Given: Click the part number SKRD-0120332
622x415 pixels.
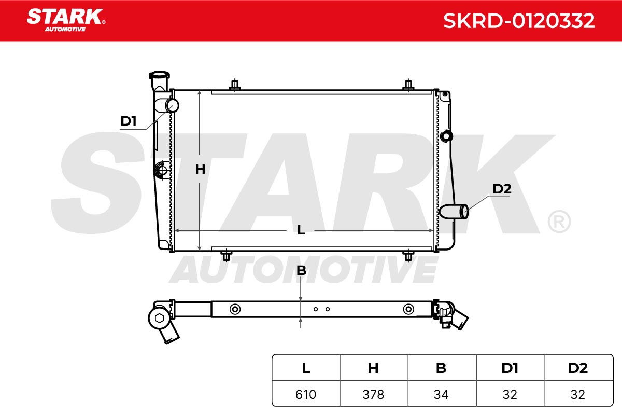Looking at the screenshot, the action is tap(519, 21).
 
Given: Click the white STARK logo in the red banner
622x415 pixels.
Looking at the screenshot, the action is tap(66, 20).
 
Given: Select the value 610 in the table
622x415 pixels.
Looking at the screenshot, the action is tap(306, 394).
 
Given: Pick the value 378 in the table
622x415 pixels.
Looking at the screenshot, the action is tap(373, 394).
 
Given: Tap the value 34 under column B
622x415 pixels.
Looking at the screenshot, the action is tap(441, 394).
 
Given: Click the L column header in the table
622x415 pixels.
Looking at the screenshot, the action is tap(306, 368).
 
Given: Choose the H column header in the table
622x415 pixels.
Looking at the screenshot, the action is tap(373, 368).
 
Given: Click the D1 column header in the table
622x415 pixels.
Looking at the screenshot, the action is tap(510, 368).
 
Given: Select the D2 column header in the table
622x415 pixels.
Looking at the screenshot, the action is tap(578, 368).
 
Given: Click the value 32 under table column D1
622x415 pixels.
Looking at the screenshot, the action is tap(510, 394).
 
